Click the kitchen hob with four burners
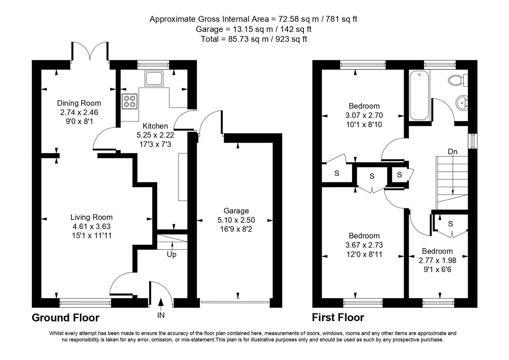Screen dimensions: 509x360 [x=130, y=101]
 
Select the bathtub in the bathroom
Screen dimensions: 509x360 [x=420, y=95]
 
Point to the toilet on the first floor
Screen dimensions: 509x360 [x=458, y=80]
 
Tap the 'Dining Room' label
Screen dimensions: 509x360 [x=79, y=103]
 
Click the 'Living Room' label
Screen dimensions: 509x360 [x=92, y=217]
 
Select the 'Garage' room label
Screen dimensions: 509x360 [x=236, y=211]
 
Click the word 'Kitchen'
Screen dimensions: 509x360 [x=155, y=126]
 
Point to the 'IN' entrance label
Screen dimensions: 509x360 [x=161, y=315]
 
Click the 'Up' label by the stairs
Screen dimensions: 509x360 [x=172, y=254]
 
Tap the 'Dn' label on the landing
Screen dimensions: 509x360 [x=452, y=151]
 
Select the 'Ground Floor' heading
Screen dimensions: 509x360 [x=66, y=318]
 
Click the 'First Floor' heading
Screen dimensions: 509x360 [x=338, y=318]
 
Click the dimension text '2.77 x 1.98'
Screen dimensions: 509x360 [x=437, y=260]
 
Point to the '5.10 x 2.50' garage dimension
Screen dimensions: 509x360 [x=236, y=220]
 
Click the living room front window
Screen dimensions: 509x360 [x=85, y=303]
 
